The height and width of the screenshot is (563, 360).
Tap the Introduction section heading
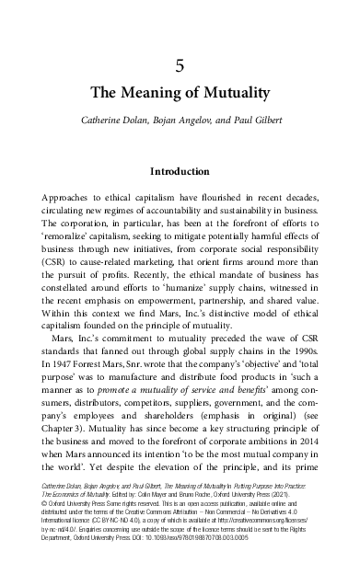pyautogui.click(x=180, y=171)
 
